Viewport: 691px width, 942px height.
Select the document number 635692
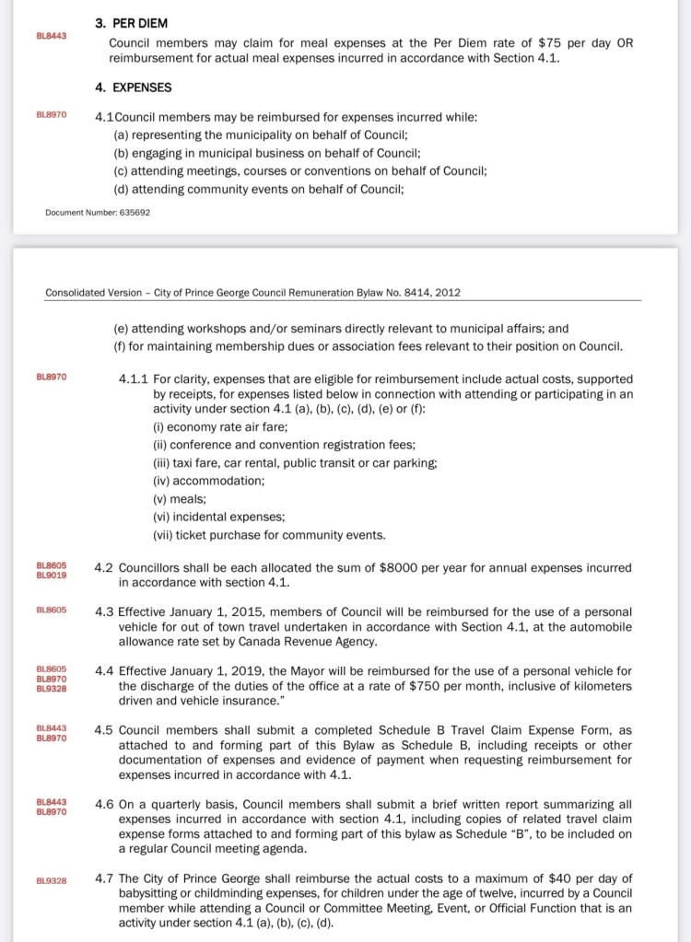pos(132,213)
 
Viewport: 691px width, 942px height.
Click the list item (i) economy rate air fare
pos(220,426)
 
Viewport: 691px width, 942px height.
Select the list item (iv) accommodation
pos(208,480)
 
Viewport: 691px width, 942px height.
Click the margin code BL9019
pos(51,575)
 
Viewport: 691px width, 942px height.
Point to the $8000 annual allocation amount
pos(400,568)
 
